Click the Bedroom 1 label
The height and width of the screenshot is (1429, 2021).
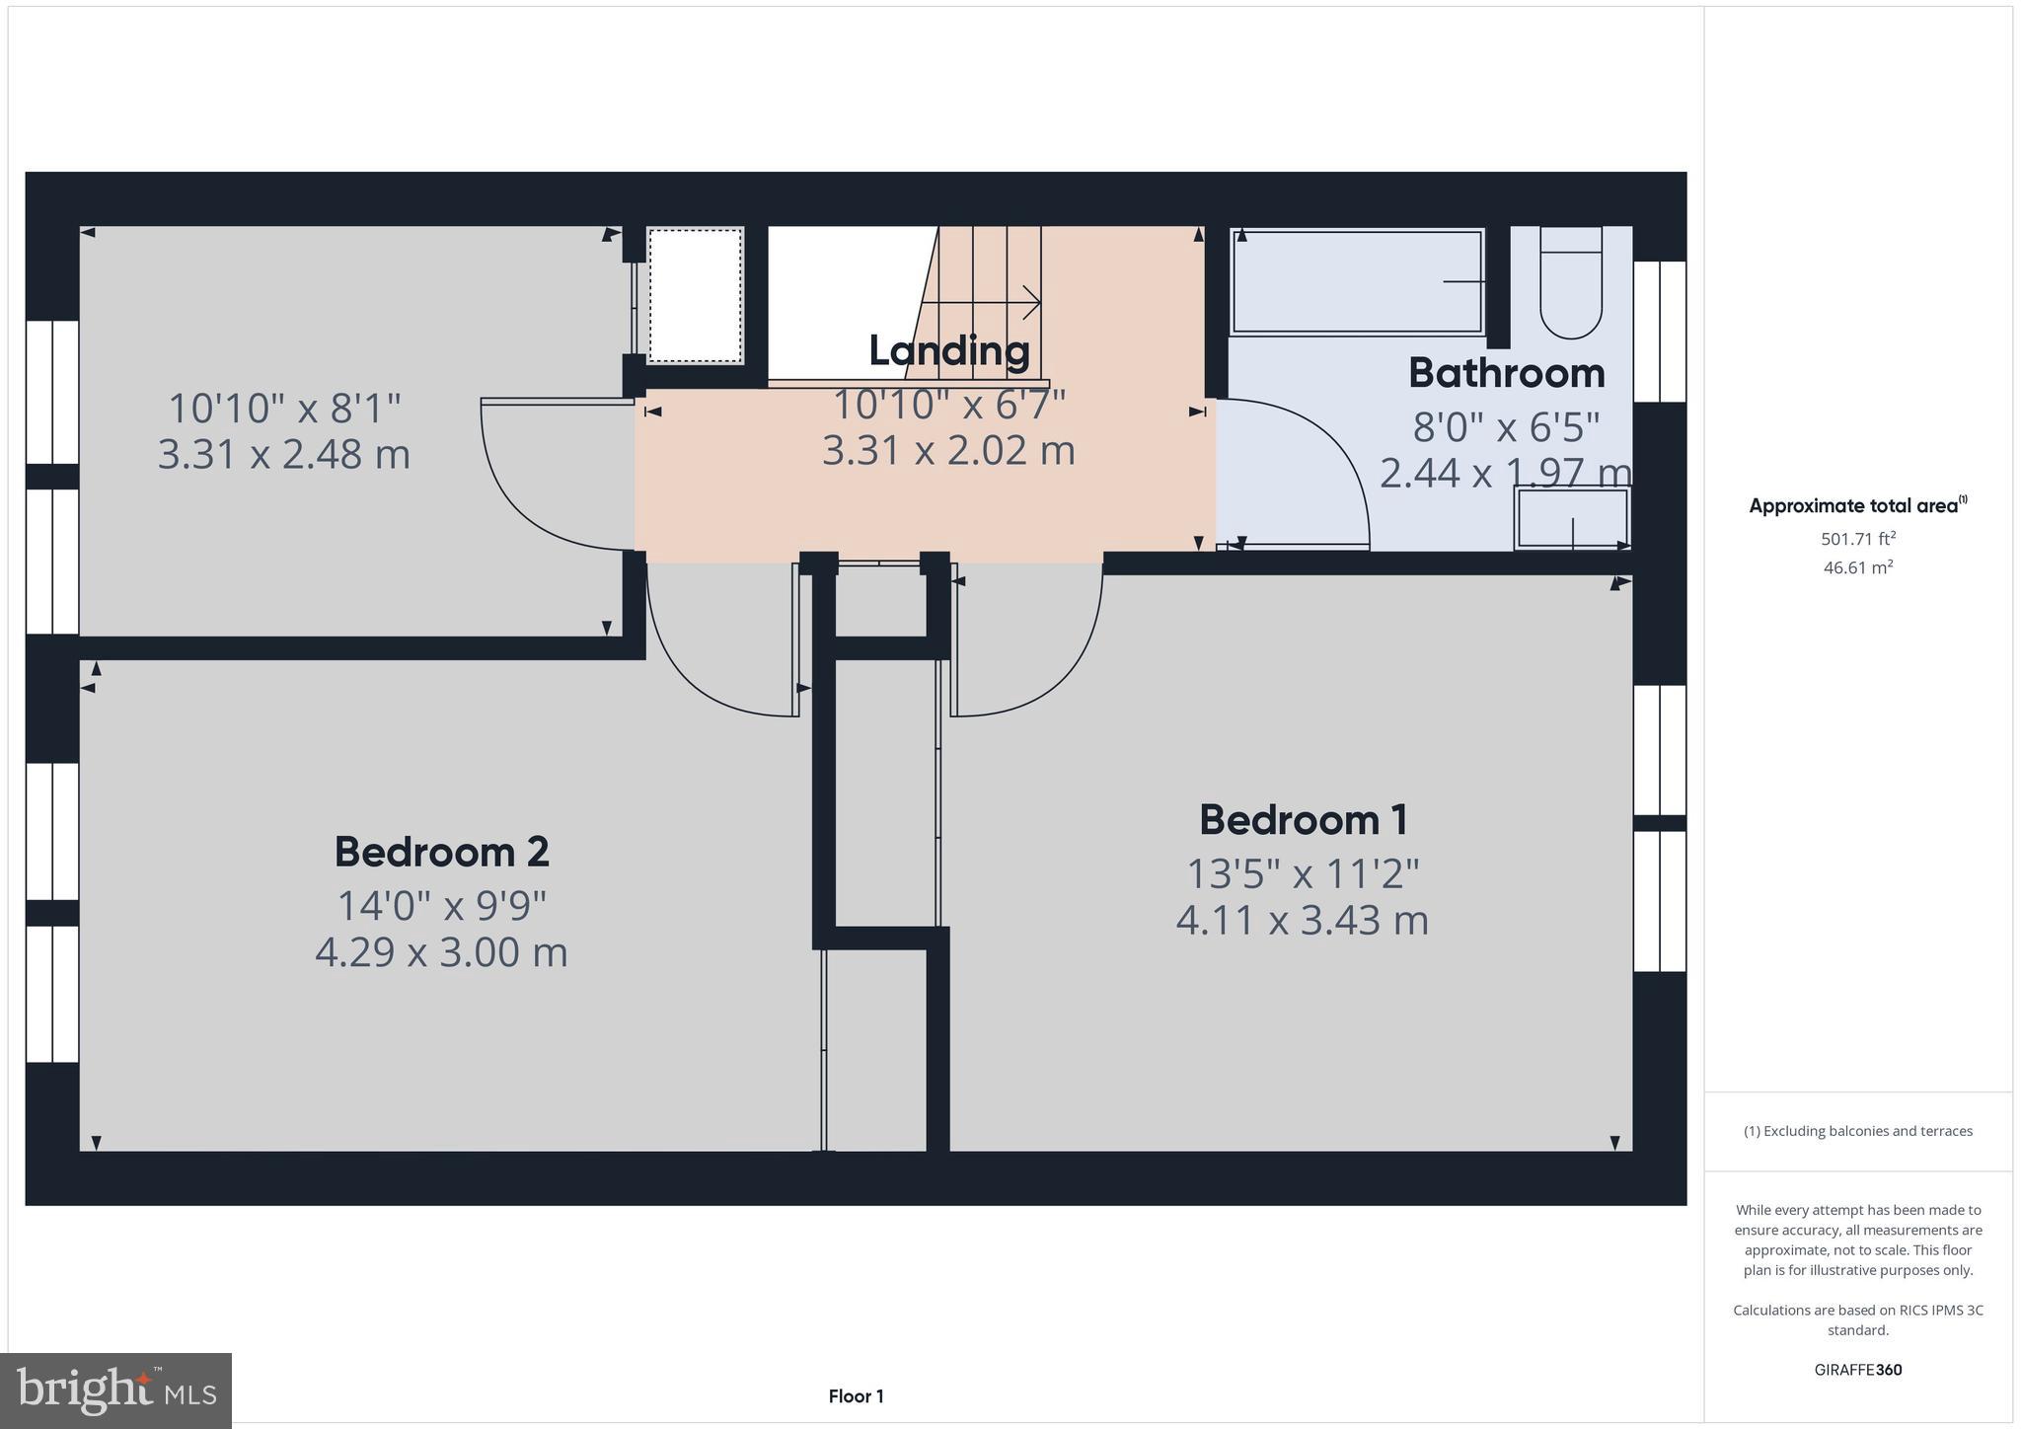[1303, 820]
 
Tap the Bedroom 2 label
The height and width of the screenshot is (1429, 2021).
[441, 852]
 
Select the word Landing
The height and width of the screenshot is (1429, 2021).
[948, 350]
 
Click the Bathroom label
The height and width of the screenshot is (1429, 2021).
[1506, 373]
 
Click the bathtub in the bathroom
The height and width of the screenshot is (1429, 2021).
[1357, 282]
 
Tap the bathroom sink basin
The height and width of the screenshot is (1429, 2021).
[1571, 519]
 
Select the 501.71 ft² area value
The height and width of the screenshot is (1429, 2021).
[1858, 539]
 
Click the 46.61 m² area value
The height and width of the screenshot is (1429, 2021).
[1858, 567]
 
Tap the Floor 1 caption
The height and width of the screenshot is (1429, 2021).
[856, 1396]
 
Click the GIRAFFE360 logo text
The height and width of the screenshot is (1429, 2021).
[1858, 1370]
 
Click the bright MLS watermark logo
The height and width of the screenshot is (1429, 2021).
[116, 1391]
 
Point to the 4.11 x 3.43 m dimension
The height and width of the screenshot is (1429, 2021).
[1303, 921]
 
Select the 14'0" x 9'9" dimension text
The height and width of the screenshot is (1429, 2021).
[441, 906]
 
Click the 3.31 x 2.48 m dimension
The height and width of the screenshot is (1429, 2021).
[284, 455]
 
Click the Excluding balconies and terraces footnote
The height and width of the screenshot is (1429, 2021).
[1858, 1131]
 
